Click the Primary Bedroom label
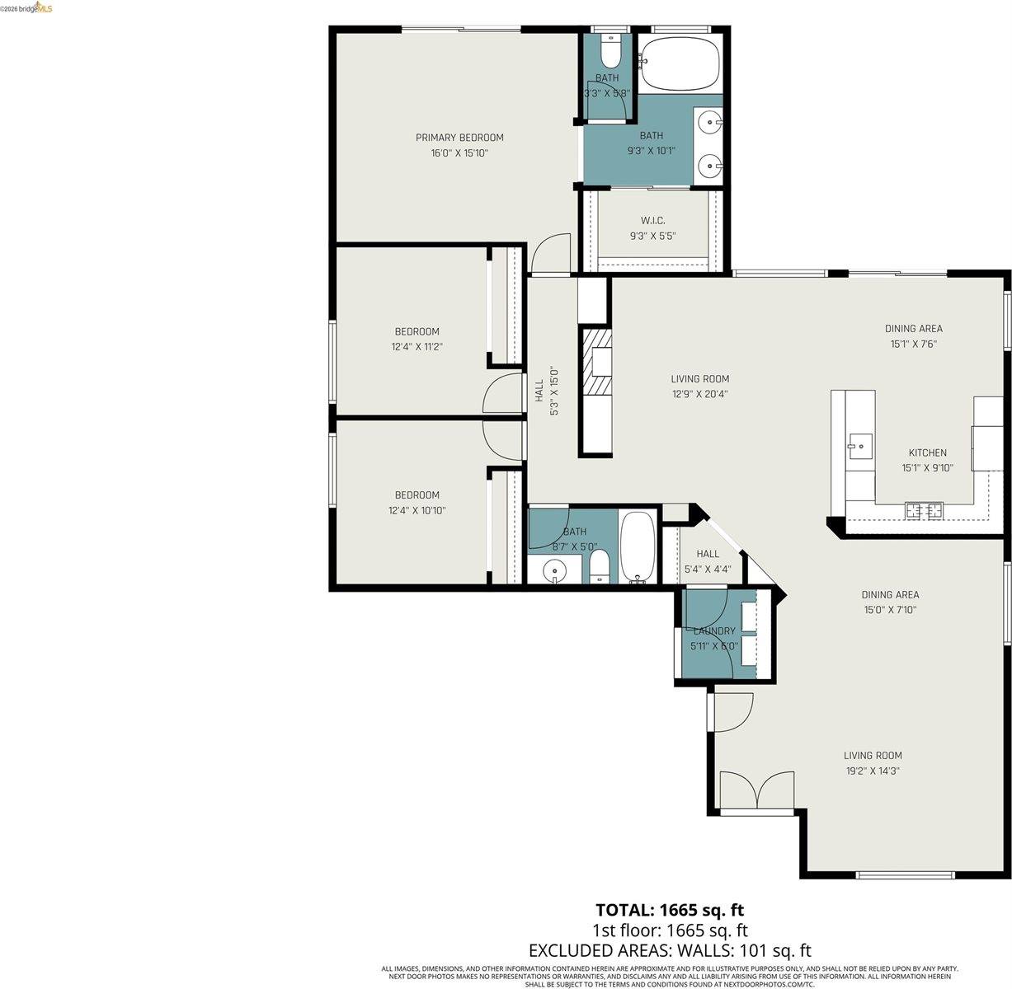coord(459,138)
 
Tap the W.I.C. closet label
coord(652,220)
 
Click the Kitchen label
coord(927,452)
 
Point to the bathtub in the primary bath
coord(680,63)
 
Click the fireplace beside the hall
coord(597,363)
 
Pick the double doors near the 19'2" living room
coord(757,791)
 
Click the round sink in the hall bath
coord(554,569)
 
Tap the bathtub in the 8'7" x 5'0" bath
coord(637,546)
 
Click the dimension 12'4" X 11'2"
coord(417,347)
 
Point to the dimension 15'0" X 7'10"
coord(890,610)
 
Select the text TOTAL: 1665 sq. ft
coord(670,910)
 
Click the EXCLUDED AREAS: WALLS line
coord(670,950)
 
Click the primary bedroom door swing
coord(550,253)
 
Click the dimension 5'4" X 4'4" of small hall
coord(707,569)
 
